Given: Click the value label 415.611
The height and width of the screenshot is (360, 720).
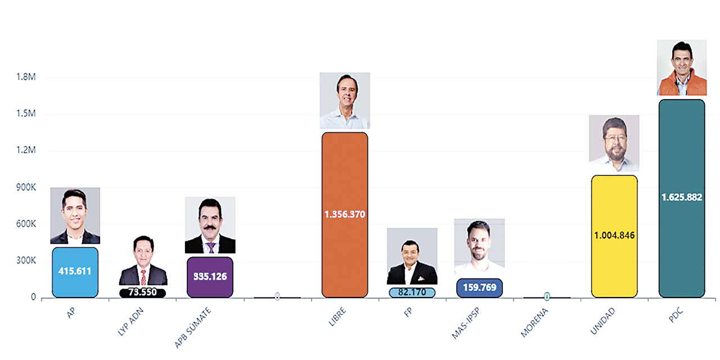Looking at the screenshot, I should (75, 271).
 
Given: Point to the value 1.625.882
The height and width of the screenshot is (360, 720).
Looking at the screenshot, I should (682, 197).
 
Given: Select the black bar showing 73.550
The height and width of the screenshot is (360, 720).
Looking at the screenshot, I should (143, 292).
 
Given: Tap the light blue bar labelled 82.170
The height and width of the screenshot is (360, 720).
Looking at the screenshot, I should (412, 292).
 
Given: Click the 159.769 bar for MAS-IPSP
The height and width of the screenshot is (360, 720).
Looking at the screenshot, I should (479, 287).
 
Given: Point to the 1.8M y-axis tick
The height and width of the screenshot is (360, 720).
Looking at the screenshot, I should (26, 77).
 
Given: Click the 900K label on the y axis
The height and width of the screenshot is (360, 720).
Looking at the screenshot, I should (25, 187).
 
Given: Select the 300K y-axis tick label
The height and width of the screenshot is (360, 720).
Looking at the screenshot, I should (25, 261).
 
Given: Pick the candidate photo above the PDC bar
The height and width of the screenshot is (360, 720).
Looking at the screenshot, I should (682, 68).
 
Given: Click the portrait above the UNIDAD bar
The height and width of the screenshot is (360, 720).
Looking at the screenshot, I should (614, 143).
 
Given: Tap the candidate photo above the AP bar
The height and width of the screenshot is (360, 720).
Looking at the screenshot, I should (75, 215).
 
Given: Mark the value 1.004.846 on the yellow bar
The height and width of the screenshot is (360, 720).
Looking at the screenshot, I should (614, 235).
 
